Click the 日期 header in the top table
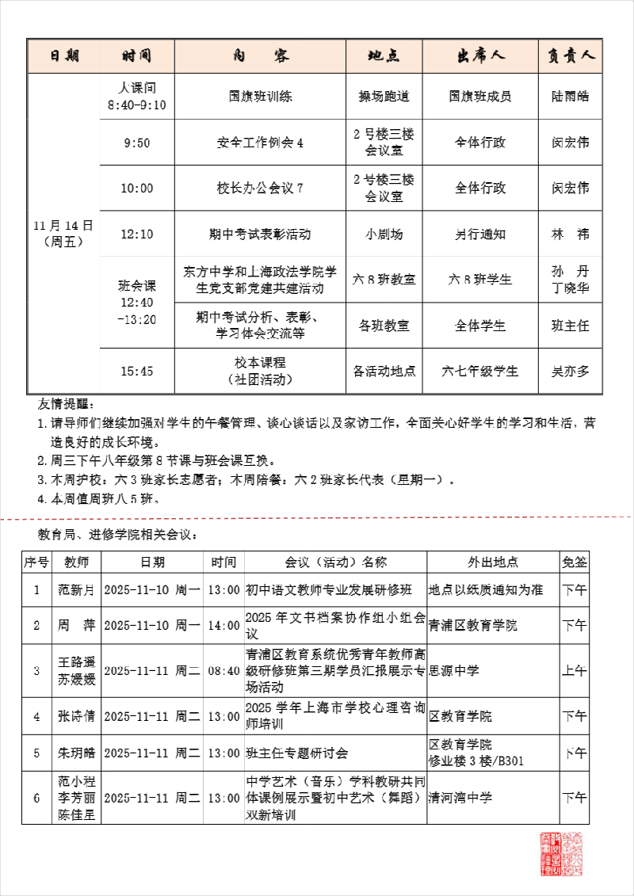tap(64, 56)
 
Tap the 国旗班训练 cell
tap(260, 97)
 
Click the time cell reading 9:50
tap(137, 143)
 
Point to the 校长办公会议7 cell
tap(260, 189)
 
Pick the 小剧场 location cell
tap(384, 234)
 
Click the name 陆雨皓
tap(571, 97)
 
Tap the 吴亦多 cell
tap(571, 371)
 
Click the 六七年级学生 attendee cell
tap(480, 371)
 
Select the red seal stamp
tap(560, 853)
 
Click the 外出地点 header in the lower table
tap(493, 562)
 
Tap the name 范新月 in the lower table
tap(76, 589)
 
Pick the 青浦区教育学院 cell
tap(473, 626)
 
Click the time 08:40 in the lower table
tap(223, 671)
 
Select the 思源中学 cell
tap(454, 671)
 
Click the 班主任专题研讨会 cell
tap(297, 753)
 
